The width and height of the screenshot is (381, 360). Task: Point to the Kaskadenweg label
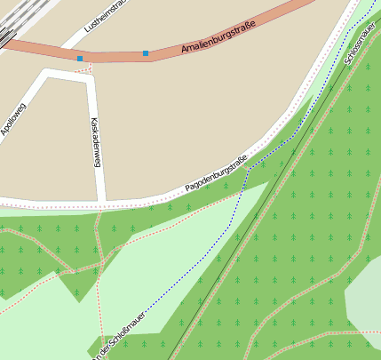(95, 142)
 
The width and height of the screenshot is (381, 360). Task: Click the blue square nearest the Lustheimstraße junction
(80, 59)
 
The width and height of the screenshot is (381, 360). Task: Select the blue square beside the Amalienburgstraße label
(146, 53)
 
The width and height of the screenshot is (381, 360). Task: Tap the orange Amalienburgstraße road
(115, 56)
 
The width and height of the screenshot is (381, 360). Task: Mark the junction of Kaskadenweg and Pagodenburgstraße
(100, 201)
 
